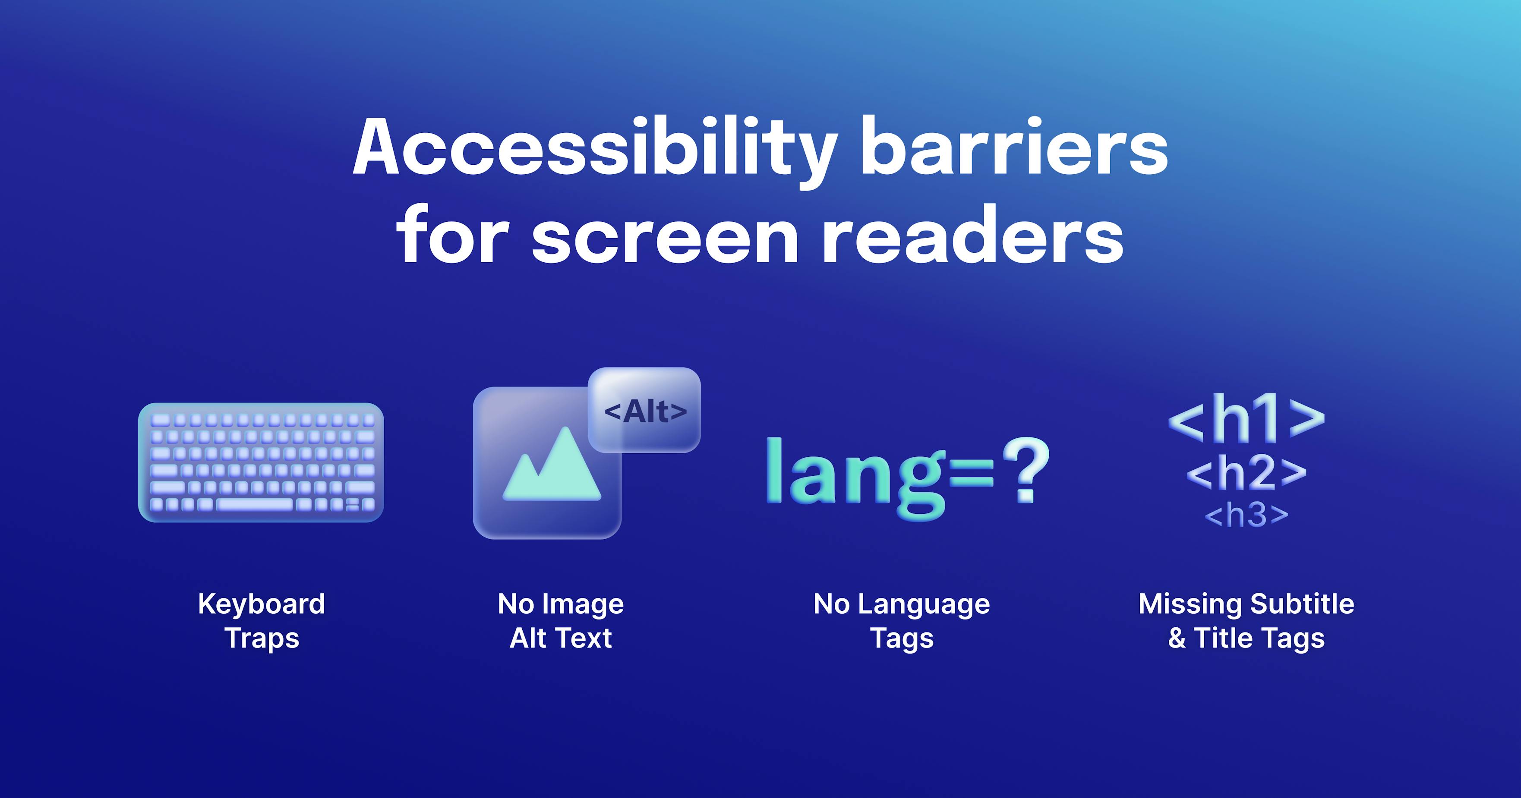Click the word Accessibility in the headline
593,148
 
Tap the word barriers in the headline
1014,148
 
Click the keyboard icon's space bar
255,505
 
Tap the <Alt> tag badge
645,411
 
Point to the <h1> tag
1246,420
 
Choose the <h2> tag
1246,473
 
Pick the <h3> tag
1246,515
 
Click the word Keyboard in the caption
262,604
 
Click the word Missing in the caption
1189,604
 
